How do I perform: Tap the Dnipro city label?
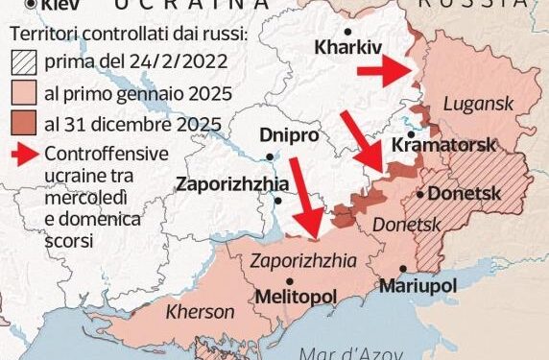pos(289,136)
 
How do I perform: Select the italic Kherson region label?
pos(200,312)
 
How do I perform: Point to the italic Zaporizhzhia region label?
pos(302,259)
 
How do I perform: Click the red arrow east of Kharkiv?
pos(382,70)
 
